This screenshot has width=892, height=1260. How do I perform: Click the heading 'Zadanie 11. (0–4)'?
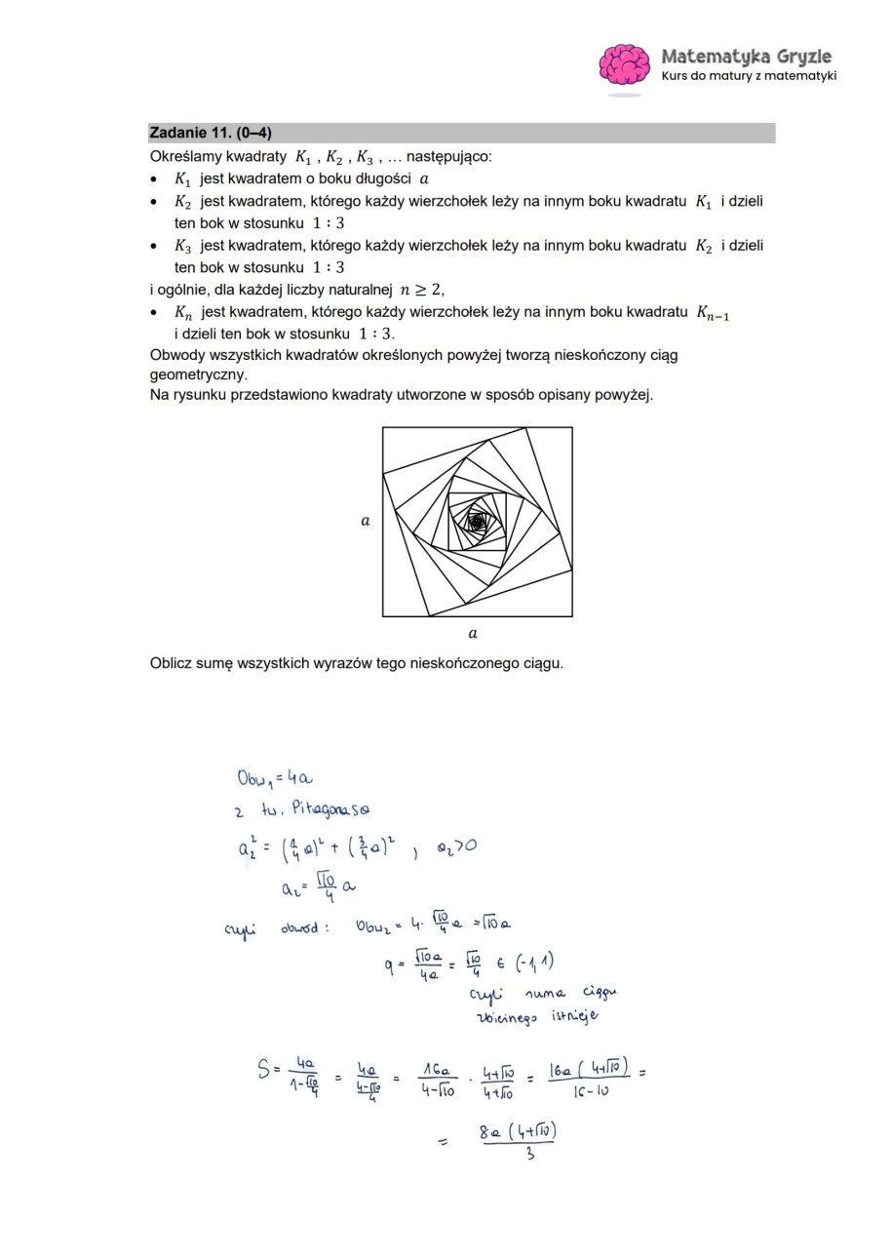pyautogui.click(x=210, y=133)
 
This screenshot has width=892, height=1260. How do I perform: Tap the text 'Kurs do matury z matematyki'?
pyautogui.click(x=749, y=76)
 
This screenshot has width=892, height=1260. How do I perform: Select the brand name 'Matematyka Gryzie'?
pyautogui.click(x=746, y=57)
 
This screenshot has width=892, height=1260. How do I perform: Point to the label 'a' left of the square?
pyautogui.click(x=366, y=521)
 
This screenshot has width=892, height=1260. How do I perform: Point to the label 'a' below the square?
pyautogui.click(x=473, y=634)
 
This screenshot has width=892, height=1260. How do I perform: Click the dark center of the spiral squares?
pyautogui.click(x=477, y=522)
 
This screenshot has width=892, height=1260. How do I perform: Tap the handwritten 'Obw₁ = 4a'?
pyautogui.click(x=274, y=778)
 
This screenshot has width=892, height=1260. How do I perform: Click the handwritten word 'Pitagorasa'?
pyautogui.click(x=330, y=809)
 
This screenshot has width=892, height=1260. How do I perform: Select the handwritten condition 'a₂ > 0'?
pyautogui.click(x=455, y=846)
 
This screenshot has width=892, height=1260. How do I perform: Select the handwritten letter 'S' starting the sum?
pyautogui.click(x=264, y=1070)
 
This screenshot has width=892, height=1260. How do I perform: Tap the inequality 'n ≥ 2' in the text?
pyautogui.click(x=421, y=290)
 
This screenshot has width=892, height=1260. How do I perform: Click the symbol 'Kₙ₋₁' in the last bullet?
pyautogui.click(x=713, y=313)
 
